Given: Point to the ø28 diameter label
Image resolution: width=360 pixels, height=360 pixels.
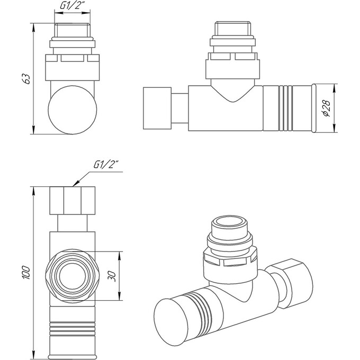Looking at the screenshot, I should click(327, 108).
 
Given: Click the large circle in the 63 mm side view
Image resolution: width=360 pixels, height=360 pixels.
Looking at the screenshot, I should click(73, 109).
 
